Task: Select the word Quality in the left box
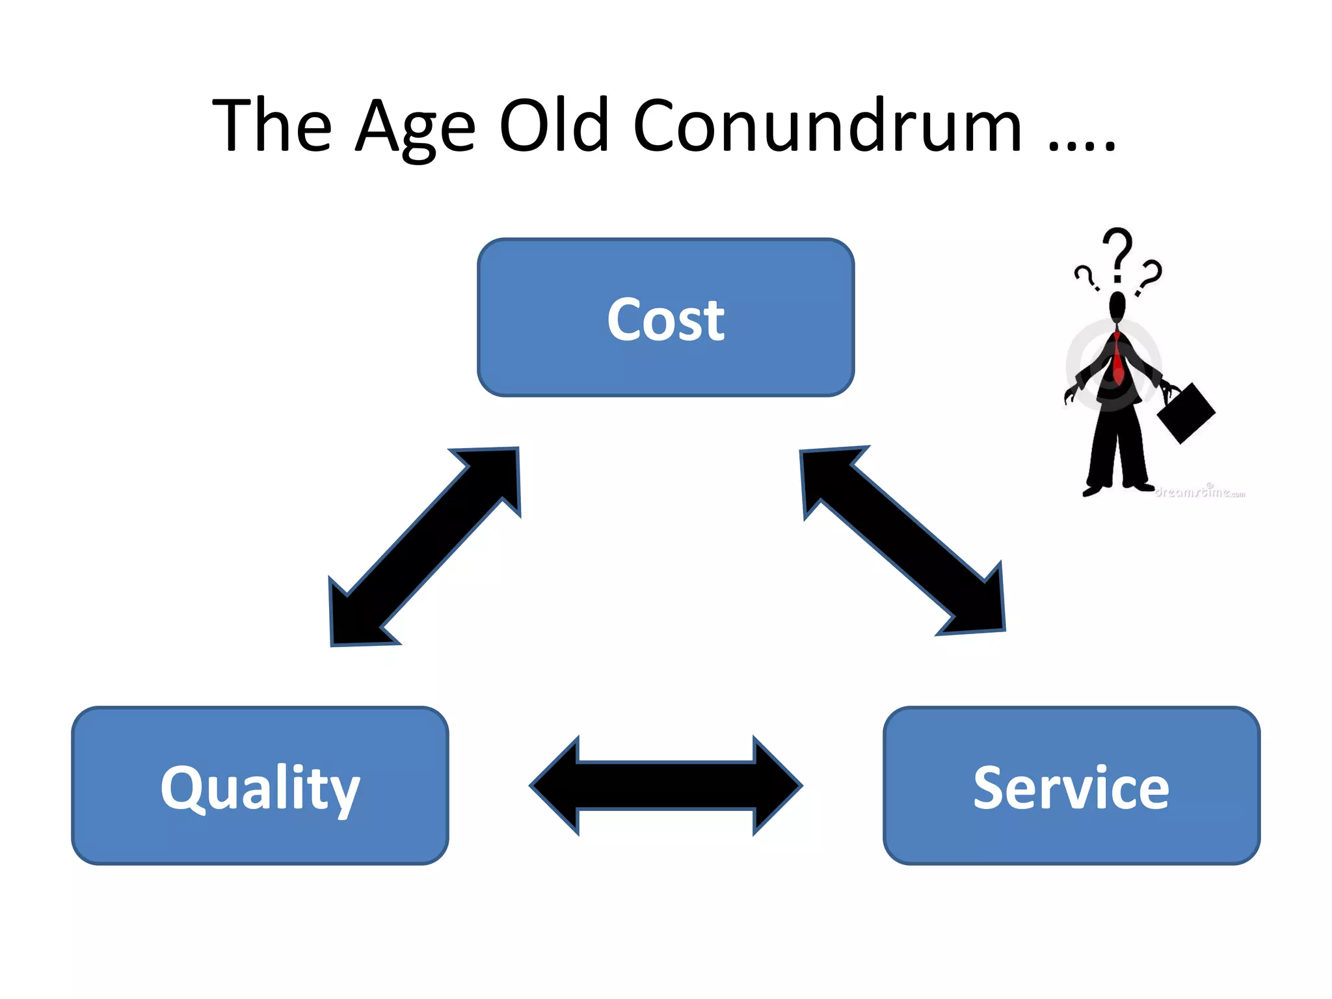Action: [x=260, y=788]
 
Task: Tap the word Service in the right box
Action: [x=1071, y=788]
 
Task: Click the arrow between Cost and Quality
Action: [x=425, y=546]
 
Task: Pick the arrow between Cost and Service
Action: [x=903, y=540]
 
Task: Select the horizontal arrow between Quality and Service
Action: [x=666, y=786]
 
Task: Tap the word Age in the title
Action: [x=416, y=127]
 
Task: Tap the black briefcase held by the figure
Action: [x=1186, y=412]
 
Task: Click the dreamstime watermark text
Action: [x=1200, y=492]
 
